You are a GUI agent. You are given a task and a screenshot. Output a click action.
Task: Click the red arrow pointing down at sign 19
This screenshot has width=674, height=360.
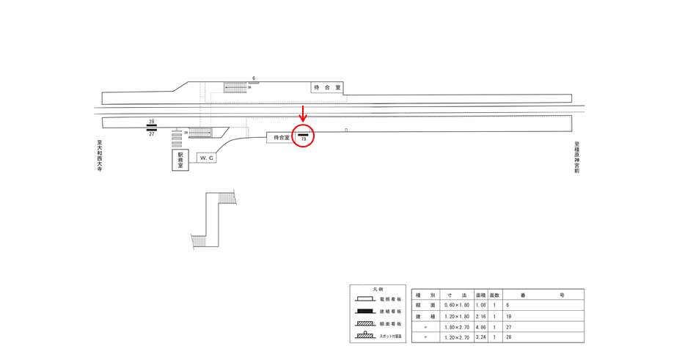pos(303,114)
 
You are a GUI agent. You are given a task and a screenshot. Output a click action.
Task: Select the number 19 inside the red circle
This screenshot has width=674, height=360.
pos(303,139)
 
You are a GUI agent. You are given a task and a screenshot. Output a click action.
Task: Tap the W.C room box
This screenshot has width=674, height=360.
pos(207,158)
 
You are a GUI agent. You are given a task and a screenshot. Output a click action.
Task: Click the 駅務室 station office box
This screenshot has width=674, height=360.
pos(180,161)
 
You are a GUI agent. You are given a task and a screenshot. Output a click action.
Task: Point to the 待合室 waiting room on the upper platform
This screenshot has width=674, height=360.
pos(327,87)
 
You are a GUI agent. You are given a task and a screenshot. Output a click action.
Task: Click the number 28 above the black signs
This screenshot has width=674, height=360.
pos(152,122)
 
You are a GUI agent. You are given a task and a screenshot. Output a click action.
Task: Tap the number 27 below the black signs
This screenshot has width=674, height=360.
pos(152,135)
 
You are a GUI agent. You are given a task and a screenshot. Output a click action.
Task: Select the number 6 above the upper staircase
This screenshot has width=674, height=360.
pos(254,78)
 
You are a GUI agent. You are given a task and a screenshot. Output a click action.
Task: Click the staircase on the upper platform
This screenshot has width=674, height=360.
pos(235,87)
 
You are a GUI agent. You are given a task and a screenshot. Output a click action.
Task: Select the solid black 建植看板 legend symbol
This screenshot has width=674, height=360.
pos(365,312)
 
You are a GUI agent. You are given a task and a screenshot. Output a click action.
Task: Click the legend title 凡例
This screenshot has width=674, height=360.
pos(378,290)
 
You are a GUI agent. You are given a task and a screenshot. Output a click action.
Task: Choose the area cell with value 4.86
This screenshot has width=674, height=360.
pos(481,326)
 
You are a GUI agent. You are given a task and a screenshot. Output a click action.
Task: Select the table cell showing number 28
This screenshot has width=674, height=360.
pos(509,337)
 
